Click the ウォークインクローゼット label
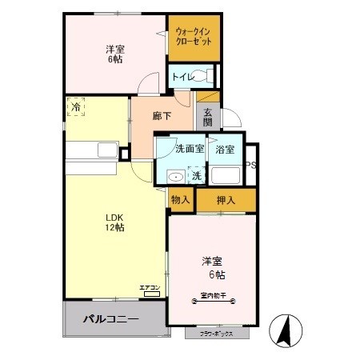coord(194,36)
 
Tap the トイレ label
coord(182,77)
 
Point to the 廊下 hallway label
coord(162,116)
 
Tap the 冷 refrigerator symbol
coord(77,106)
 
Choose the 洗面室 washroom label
coord(189,148)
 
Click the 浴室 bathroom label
coord(225,148)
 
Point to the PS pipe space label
coord(250,166)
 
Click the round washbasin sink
coord(174,177)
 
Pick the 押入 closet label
coord(226,200)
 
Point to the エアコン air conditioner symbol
coord(150,290)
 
